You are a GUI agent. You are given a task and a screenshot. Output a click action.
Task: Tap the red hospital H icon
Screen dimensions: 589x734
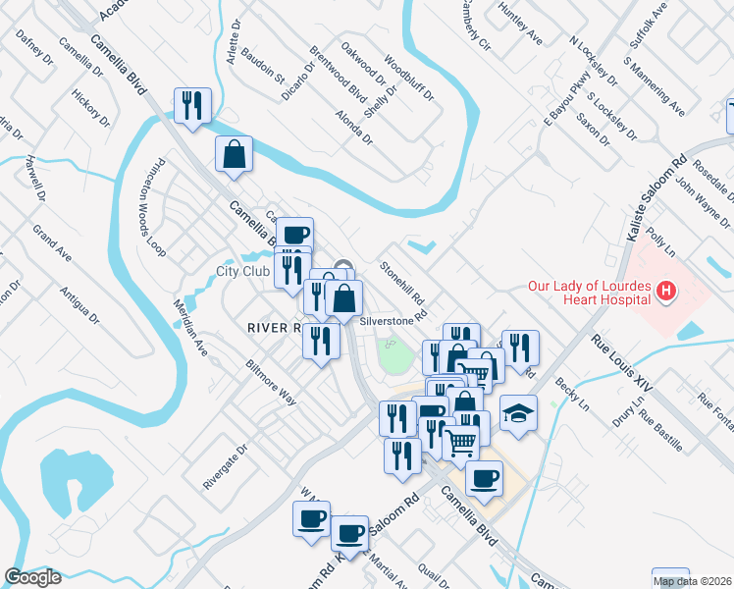click(x=666, y=291)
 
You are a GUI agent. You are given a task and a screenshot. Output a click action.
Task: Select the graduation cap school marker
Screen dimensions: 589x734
click(x=518, y=412)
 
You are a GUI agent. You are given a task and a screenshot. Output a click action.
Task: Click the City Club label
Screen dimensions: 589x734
click(x=242, y=272)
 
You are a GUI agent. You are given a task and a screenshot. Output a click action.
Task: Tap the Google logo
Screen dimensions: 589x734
click(x=32, y=577)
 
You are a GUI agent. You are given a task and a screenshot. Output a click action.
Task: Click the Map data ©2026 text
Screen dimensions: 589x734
click(x=693, y=581)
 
